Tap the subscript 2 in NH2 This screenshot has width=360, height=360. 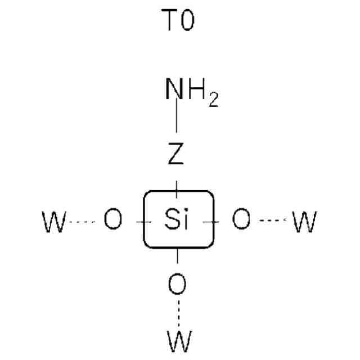[x=213, y=102]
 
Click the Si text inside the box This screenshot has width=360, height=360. [x=178, y=220]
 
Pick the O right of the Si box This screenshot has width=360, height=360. [x=241, y=220]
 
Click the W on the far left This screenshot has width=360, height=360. [x=55, y=222]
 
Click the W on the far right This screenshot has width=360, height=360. [x=304, y=222]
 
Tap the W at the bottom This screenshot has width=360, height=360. [x=179, y=341]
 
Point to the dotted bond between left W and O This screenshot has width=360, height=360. [x=83, y=221]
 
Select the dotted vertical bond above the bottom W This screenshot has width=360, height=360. [x=178, y=312]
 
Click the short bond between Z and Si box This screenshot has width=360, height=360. [x=177, y=186]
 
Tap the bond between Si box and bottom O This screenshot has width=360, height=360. [x=177, y=256]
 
